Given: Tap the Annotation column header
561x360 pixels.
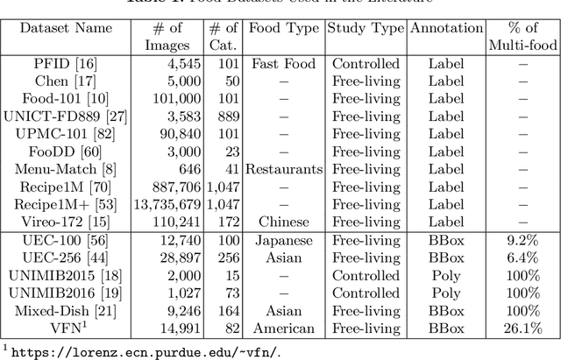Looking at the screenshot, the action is [x=447, y=27].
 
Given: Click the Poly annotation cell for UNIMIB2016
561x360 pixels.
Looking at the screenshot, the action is [x=447, y=293].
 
